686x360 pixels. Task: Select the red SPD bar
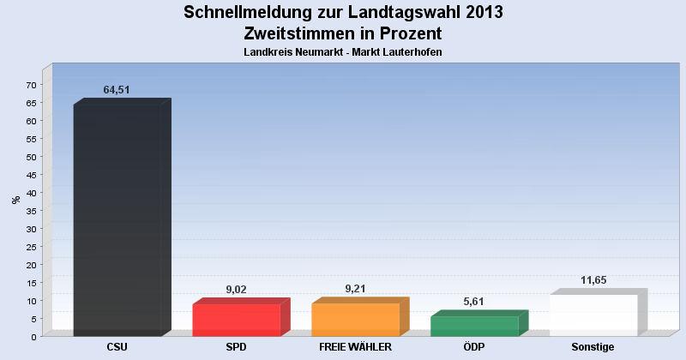pos(237,320)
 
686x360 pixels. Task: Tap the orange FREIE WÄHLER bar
pos(355,320)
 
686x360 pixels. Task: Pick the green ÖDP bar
pos(474,326)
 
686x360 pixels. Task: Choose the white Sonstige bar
pos(593,315)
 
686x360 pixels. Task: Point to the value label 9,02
pos(236,290)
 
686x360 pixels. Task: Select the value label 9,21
pos(355,289)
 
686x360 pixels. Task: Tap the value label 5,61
pos(474,302)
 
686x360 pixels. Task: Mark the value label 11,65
pos(593,280)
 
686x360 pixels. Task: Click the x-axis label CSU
pos(117,347)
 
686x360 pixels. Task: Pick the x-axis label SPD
pos(237,347)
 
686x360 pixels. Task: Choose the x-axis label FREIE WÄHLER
pos(355,347)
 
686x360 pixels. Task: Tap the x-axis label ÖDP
pos(474,347)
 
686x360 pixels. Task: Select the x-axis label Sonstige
pos(593,347)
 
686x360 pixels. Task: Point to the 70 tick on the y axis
pos(31,85)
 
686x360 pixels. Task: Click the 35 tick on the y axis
pos(31,211)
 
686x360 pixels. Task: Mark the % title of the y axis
pos(15,200)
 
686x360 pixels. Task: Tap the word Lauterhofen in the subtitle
pos(406,52)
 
